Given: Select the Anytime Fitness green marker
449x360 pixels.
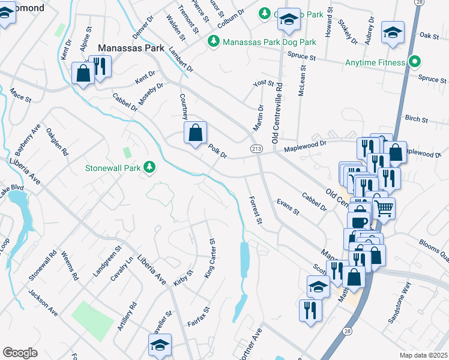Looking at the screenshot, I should point(414,62).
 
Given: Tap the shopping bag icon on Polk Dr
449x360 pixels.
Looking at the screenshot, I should point(196,133).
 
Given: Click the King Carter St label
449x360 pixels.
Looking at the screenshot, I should point(211,258).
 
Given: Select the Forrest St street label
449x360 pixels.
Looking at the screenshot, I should point(256,210).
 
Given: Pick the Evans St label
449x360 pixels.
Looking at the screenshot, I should point(288,207).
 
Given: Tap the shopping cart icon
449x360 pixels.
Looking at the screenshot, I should point(384,209).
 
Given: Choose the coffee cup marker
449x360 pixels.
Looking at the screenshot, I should point(360,222).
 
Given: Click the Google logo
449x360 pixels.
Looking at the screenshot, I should point(20,353).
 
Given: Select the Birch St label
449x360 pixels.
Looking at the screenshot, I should point(416,119).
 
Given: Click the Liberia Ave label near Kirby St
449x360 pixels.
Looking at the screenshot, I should point(152,271).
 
